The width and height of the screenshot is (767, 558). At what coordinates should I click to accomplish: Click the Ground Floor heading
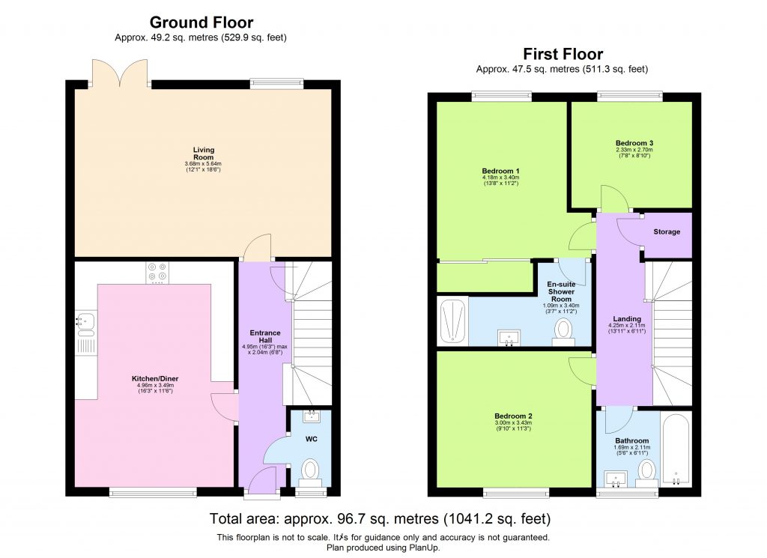coord(201,22)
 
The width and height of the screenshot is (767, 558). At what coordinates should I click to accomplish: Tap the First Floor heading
coord(563,54)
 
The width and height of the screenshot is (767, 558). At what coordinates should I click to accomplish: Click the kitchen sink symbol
coord(85,320)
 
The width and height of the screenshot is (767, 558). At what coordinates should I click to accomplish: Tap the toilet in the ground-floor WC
coord(309,470)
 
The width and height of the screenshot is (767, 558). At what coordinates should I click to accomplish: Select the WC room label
coord(311,439)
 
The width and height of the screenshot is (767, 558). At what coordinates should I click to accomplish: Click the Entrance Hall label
coord(265,337)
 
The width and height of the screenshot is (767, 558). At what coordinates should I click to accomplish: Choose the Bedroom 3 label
coord(629,142)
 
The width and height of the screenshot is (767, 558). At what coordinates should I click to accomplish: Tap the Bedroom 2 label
coord(513,416)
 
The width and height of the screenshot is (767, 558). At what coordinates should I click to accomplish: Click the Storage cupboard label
coord(667,232)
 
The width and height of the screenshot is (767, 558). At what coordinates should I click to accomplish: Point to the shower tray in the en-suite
coord(452,321)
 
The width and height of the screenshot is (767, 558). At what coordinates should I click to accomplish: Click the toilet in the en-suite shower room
coord(563,330)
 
